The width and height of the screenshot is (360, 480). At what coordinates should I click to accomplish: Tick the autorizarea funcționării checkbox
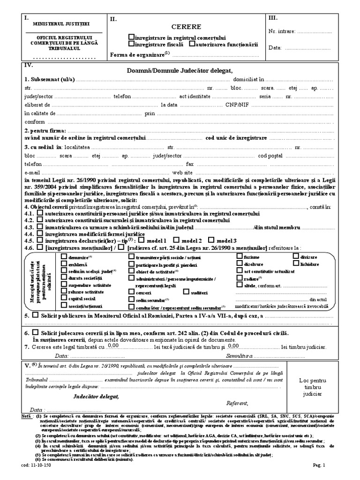(x=192, y=45)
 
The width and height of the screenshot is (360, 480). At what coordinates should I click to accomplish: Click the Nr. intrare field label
(x=282, y=31)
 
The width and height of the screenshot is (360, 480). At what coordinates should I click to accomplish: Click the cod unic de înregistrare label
(x=236, y=138)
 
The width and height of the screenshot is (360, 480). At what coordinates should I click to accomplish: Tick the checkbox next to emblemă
(x=64, y=263)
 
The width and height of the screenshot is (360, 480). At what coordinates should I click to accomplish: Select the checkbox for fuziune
(x=240, y=256)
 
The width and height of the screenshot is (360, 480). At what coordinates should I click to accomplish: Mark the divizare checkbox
(x=296, y=256)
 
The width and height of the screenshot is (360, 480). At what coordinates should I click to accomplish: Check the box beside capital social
(x=64, y=298)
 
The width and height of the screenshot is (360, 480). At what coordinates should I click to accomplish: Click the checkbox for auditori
(x=180, y=292)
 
